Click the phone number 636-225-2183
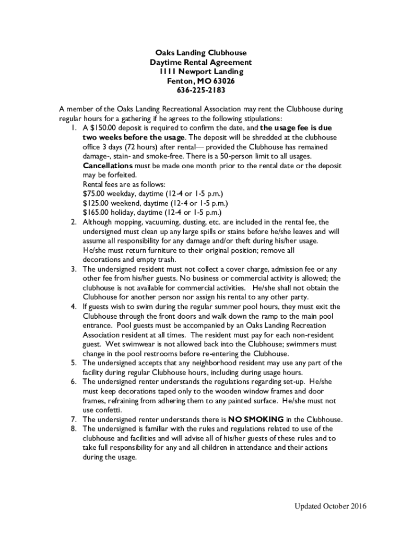pyautogui.click(x=200, y=90)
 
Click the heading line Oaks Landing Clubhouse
pyautogui.click(x=200, y=53)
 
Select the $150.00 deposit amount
pyautogui.click(x=103, y=128)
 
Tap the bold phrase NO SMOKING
pyautogui.click(x=256, y=420)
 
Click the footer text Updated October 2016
pyautogui.click(x=330, y=506)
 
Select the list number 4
pyautogui.click(x=75, y=307)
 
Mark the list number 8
pyautogui.click(x=75, y=429)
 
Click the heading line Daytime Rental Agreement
pyautogui.click(x=200, y=62)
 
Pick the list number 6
pyautogui.click(x=75, y=382)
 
